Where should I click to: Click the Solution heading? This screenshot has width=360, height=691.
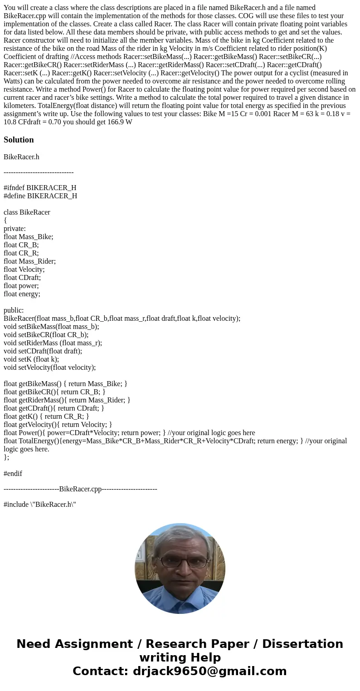click(19, 140)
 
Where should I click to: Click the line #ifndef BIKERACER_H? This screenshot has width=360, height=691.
click(40, 188)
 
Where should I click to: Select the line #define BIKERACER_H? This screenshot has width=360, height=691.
click(40, 196)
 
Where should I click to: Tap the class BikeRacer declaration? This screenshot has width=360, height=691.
click(27, 212)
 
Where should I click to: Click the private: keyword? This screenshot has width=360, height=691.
click(15, 229)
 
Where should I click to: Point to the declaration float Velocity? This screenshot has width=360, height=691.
click(24, 270)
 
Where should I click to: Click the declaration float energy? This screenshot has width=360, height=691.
click(22, 294)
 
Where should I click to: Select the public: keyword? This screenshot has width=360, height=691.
click(14, 310)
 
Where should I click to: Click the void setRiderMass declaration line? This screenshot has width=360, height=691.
click(53, 343)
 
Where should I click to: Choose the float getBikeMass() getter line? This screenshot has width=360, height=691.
click(65, 384)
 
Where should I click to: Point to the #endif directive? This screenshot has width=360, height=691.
click(13, 474)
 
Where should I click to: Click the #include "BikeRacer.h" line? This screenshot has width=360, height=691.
click(39, 505)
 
